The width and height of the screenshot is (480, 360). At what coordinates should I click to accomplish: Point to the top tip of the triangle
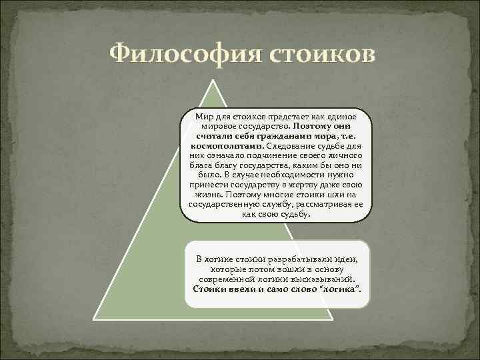click(214, 81)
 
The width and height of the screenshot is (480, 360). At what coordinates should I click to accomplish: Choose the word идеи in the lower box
click(349, 259)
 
